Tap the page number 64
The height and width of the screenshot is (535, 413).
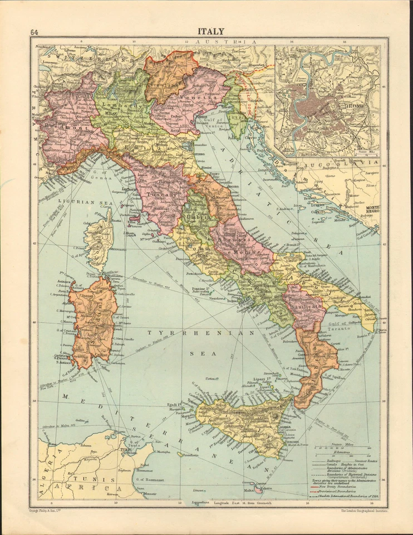(x=35, y=32)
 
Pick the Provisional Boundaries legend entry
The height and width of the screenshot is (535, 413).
(x=341, y=491)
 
